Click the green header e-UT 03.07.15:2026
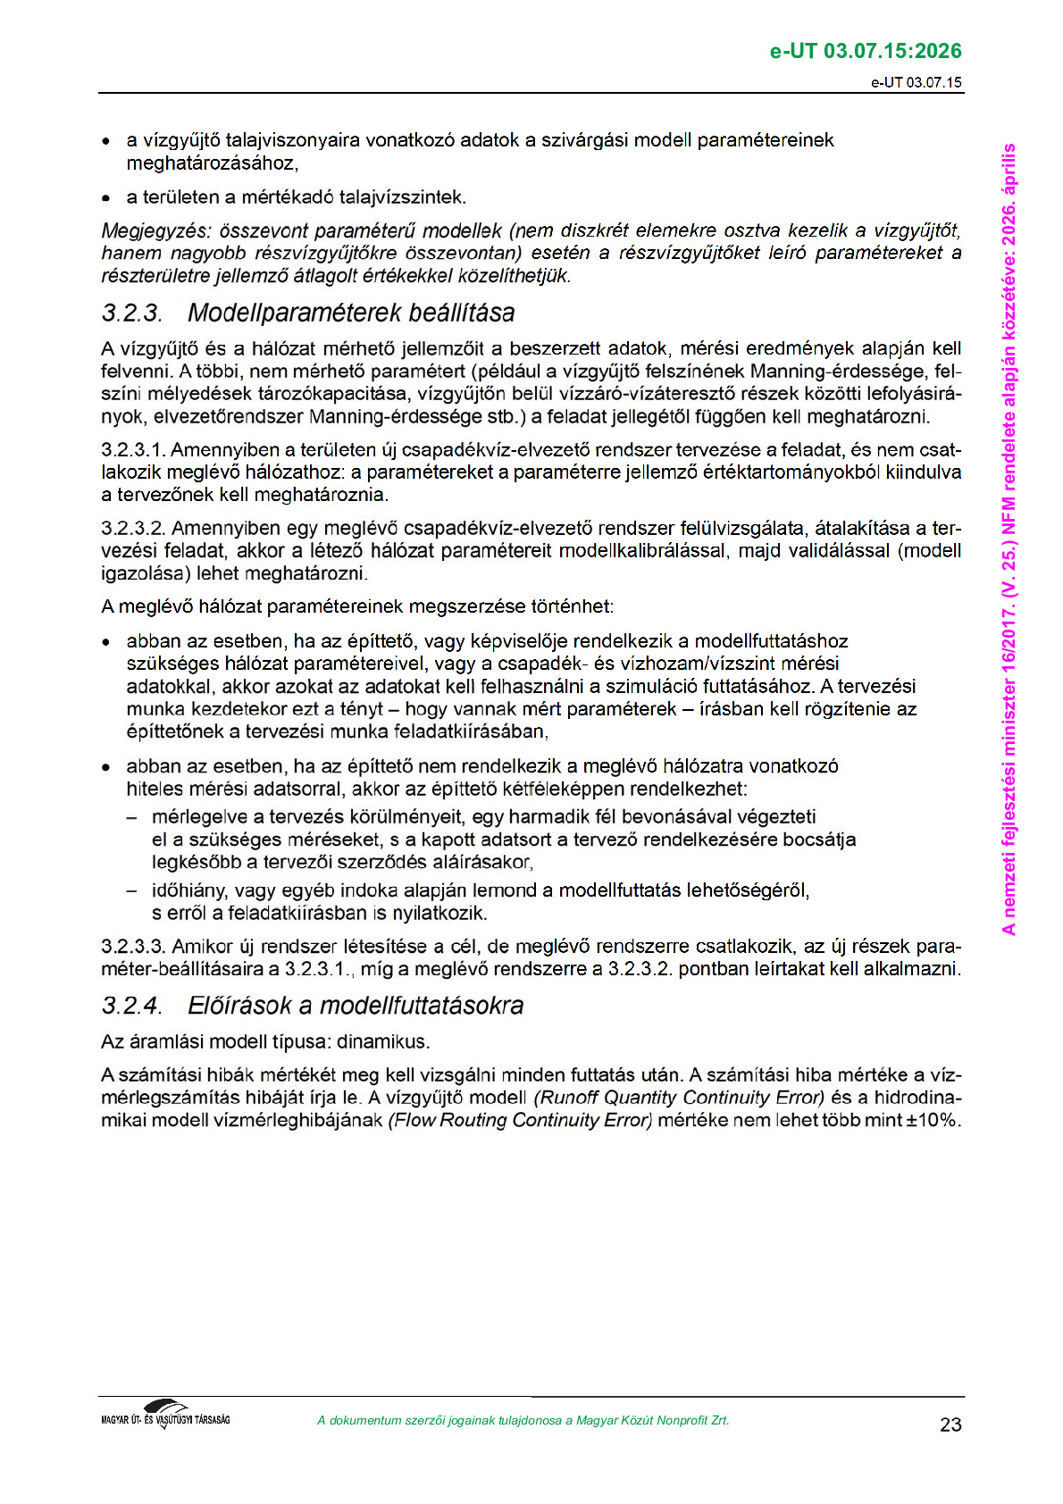click(x=866, y=51)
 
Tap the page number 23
click(x=950, y=1425)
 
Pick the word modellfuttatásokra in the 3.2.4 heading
click(x=422, y=1007)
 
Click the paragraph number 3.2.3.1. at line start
click(x=133, y=449)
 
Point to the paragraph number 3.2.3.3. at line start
click(x=133, y=946)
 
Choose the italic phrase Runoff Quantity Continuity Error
click(x=680, y=1098)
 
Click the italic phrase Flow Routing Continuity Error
click(x=521, y=1120)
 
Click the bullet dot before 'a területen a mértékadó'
click(x=106, y=197)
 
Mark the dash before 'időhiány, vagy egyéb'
click(x=131, y=890)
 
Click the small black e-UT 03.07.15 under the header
click(x=917, y=83)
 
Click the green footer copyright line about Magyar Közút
click(x=523, y=1420)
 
